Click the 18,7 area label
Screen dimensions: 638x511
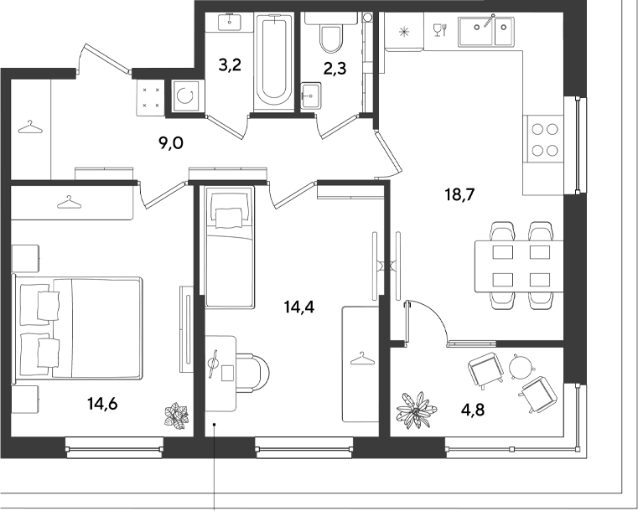click(x=460, y=195)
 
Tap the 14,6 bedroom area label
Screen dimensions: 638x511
click(x=102, y=404)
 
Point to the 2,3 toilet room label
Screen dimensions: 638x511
click(x=335, y=69)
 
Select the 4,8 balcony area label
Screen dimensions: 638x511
click(x=473, y=410)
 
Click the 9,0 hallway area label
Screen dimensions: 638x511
click(x=171, y=143)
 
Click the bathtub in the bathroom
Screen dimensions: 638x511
click(x=274, y=60)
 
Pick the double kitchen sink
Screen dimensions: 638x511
click(x=485, y=30)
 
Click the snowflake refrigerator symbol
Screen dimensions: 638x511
click(x=403, y=31)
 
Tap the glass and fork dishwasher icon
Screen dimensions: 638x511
click(x=440, y=29)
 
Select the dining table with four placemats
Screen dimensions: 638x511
click(x=519, y=266)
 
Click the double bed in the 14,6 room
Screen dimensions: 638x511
click(x=78, y=328)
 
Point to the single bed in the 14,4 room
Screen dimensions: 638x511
click(x=230, y=246)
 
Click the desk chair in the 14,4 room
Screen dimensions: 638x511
click(x=252, y=373)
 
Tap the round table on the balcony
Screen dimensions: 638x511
click(x=522, y=367)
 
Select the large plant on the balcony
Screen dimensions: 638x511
click(x=416, y=410)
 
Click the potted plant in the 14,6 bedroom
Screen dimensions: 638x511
click(x=177, y=415)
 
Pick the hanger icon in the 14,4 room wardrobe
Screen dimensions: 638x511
click(x=361, y=359)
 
